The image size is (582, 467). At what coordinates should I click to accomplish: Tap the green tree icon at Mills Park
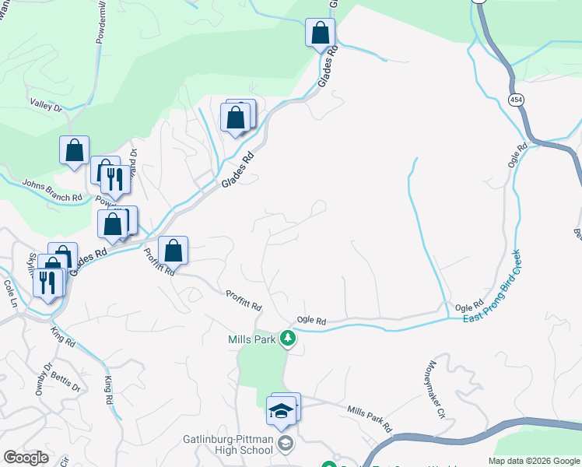pos(289,339)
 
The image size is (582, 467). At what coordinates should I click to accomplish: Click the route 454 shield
pos(517,100)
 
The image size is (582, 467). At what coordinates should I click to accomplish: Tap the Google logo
pos(26,458)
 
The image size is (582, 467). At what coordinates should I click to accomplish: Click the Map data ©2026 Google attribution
pos(534,462)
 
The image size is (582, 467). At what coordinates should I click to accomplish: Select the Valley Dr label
pos(45,105)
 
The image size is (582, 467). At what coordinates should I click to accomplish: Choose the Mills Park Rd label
pos(369,419)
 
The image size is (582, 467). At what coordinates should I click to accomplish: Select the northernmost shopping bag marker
pos(320,33)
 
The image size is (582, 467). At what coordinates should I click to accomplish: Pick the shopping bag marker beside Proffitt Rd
pos(174,251)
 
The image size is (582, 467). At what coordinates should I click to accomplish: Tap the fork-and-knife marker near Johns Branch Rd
pos(114,179)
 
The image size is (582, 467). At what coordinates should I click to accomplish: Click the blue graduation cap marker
pos(281,410)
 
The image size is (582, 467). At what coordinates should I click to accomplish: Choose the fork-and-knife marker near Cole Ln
pos(48,282)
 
